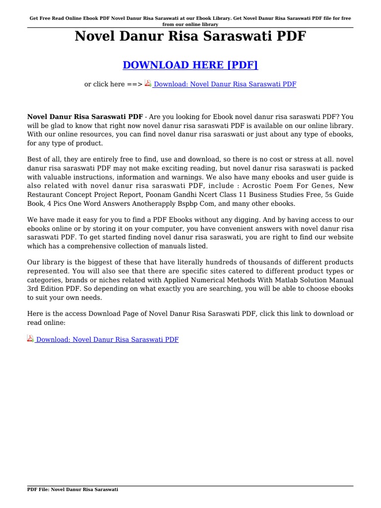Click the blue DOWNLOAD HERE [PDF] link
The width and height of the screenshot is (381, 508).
(190, 65)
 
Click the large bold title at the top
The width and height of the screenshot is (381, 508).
(190, 36)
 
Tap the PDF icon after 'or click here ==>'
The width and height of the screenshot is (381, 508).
(148, 84)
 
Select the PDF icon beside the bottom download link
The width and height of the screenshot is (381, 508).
(30, 339)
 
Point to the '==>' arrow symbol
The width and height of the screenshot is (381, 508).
(134, 84)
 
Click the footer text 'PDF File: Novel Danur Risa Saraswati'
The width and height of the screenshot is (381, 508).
(72, 489)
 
